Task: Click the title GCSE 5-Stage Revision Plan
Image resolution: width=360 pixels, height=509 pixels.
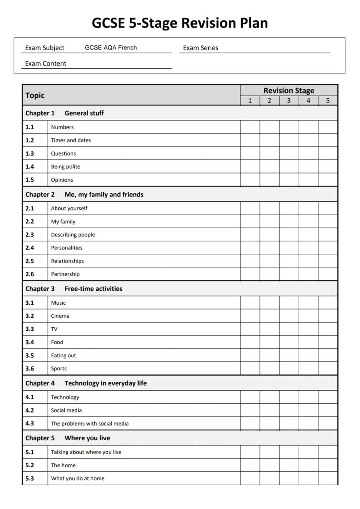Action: (x=180, y=23)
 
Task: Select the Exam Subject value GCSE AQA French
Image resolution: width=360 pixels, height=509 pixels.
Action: (x=110, y=48)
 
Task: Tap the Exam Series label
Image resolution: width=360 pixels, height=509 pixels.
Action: (x=200, y=48)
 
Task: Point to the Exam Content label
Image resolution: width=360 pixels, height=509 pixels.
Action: (x=46, y=63)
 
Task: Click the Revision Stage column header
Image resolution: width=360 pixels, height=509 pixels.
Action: (x=289, y=90)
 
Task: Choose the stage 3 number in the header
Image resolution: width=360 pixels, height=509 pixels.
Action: (x=289, y=100)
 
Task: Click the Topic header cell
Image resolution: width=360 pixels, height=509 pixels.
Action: (x=35, y=95)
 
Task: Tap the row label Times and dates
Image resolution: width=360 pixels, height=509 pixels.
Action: (x=71, y=140)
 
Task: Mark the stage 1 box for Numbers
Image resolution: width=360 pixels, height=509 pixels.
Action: (x=250, y=127)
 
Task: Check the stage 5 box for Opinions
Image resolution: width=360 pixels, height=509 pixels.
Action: (x=328, y=180)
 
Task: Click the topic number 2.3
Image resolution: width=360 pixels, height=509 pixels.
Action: (x=30, y=235)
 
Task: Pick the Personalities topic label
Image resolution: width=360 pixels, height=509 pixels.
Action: (x=67, y=248)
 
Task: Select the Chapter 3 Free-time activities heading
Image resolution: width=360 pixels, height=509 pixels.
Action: (x=74, y=289)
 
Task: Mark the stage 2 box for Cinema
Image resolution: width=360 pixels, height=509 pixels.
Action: (x=270, y=316)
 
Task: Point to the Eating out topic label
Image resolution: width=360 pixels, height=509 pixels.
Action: (x=63, y=356)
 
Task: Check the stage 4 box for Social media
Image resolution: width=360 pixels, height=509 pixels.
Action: (x=308, y=410)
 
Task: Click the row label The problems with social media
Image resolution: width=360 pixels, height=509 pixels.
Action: (x=90, y=423)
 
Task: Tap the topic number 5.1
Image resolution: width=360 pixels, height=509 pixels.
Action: (x=30, y=452)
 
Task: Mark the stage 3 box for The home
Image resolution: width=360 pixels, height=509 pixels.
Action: (x=289, y=465)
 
